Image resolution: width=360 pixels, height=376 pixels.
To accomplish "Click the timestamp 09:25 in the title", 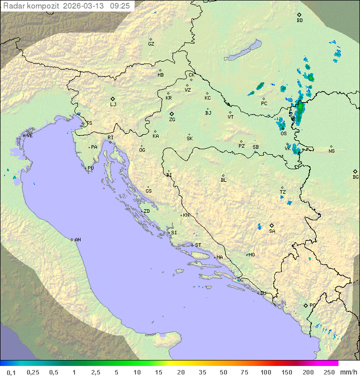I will coord(121,6).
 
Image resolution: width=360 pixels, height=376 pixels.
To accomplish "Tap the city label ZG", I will coord(172,120).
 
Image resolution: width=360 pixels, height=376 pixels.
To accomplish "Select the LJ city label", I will coord(113,105).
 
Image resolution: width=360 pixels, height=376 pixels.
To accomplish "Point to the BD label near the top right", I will coord(299,21).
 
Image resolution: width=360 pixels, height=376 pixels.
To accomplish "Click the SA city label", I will coord(272,231).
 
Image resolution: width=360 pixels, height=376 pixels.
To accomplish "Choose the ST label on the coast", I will coord(198,245).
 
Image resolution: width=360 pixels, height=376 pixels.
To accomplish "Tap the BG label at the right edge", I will coord(355,177).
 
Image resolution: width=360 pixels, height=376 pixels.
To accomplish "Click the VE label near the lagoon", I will coord(29,136).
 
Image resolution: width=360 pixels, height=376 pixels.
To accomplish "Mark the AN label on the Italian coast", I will coord(77,240).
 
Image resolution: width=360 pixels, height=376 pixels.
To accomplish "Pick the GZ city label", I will coord(151,44).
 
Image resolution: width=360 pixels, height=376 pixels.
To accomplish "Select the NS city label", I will coord(331,151).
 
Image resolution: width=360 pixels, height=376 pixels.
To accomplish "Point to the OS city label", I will coord(283,134).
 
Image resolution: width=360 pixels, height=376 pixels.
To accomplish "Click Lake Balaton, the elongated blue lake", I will coord(242,51).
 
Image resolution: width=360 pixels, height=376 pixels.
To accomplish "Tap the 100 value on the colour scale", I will coord(265,372).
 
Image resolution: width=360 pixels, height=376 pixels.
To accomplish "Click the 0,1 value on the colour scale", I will coord(11,372).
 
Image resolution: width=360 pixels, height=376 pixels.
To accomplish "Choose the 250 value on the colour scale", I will coord(328,372).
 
